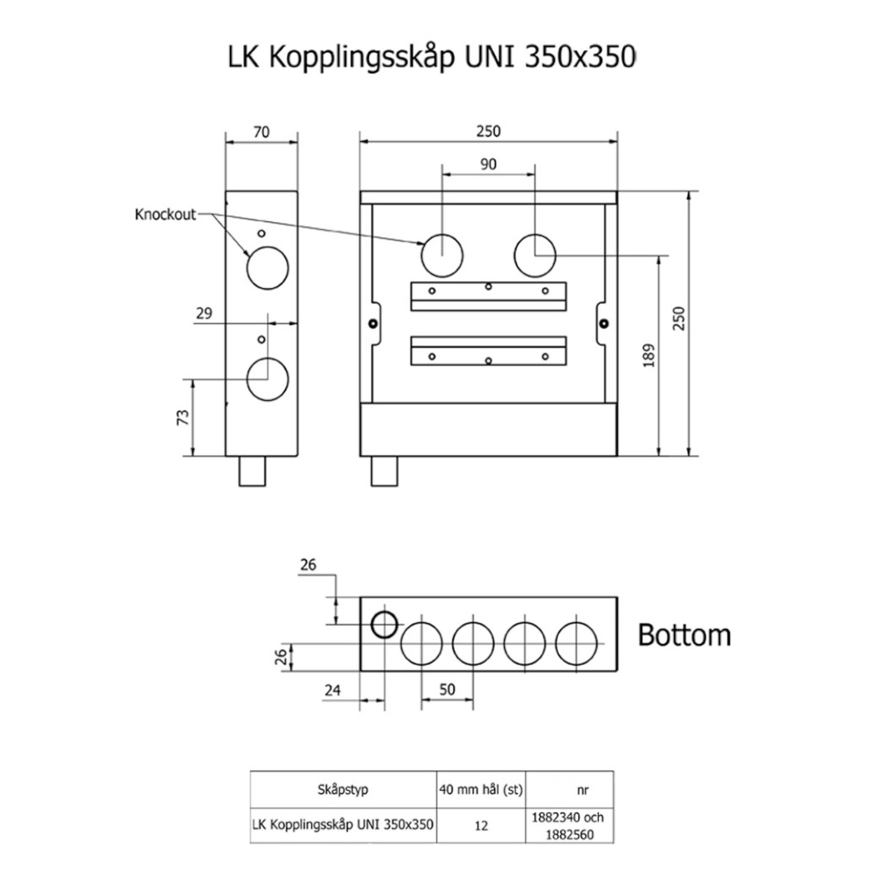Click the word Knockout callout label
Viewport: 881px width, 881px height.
[x=166, y=214]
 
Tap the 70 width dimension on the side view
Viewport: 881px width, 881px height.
[x=261, y=132]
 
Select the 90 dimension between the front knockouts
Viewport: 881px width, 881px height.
[x=488, y=164]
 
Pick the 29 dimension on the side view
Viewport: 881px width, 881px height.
[x=204, y=314]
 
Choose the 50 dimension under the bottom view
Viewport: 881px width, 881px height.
[x=448, y=691]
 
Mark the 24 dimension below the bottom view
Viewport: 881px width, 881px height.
[x=331, y=691]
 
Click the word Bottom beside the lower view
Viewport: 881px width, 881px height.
[x=684, y=634]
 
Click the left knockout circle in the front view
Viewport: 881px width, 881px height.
[x=441, y=255]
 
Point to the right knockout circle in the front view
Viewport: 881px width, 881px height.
[x=535, y=255]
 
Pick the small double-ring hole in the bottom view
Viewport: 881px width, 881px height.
[x=383, y=625]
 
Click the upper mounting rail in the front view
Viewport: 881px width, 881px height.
[x=488, y=295]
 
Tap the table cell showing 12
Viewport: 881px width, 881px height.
[x=482, y=826]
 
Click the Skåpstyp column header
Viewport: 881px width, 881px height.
[x=342, y=789]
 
